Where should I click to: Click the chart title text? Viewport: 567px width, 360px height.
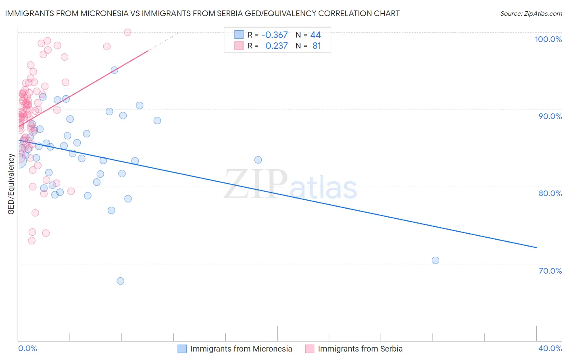tap(202, 13)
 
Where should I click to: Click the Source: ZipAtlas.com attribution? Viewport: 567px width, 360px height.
tap(531, 13)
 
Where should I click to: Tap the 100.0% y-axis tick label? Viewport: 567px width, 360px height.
tap(548, 39)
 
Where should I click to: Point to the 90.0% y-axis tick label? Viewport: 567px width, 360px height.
tap(550, 116)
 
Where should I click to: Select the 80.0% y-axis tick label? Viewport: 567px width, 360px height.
tap(550, 193)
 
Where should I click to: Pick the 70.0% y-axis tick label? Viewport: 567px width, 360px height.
tap(550, 271)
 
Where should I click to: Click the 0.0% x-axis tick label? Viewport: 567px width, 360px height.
tap(27, 348)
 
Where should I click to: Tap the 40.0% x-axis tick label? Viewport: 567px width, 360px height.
tap(550, 348)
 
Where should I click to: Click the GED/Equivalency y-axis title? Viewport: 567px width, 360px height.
tap(11, 184)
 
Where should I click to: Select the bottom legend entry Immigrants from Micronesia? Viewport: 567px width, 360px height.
tap(241, 349)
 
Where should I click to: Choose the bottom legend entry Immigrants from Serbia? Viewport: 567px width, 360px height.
tap(360, 349)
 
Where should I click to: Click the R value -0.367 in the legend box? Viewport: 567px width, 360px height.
tap(275, 35)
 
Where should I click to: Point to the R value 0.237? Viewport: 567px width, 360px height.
tap(276, 46)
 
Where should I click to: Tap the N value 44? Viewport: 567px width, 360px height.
tap(315, 35)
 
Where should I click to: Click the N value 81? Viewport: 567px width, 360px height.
tap(317, 46)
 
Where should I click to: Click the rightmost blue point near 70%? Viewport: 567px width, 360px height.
tap(436, 260)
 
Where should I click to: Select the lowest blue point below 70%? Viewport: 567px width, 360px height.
tap(120, 281)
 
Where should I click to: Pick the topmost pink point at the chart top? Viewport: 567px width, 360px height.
tap(127, 32)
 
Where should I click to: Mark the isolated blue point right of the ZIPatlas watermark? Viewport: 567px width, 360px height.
tap(258, 160)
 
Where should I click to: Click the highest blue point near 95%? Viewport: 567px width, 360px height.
tap(115, 70)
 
